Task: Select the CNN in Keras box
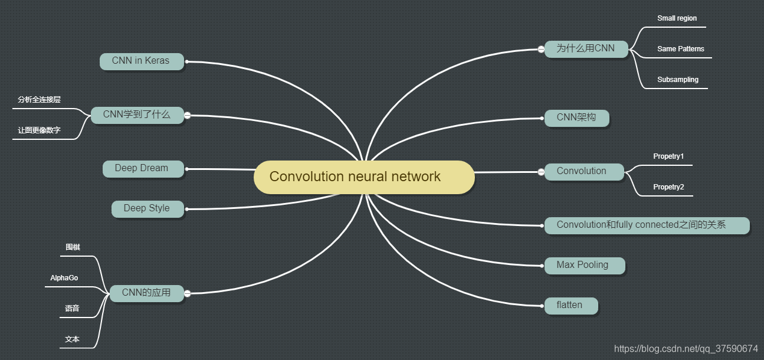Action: (x=142, y=61)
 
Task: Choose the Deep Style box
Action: (x=147, y=208)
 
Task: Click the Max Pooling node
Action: (x=583, y=265)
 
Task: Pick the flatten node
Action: (x=570, y=305)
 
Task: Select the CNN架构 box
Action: (x=577, y=117)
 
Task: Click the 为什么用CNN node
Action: (x=586, y=48)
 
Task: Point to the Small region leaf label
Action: (x=677, y=18)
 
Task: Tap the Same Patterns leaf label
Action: (x=681, y=49)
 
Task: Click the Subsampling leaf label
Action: (x=678, y=80)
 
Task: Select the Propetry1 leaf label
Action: (x=668, y=156)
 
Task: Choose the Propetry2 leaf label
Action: (x=668, y=187)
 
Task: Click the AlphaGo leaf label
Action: (x=64, y=278)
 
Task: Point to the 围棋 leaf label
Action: (x=73, y=247)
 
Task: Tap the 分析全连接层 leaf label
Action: (x=39, y=100)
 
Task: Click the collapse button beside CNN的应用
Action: (x=188, y=293)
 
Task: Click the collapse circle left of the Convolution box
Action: (x=541, y=172)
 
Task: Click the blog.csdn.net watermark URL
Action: (x=686, y=349)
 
